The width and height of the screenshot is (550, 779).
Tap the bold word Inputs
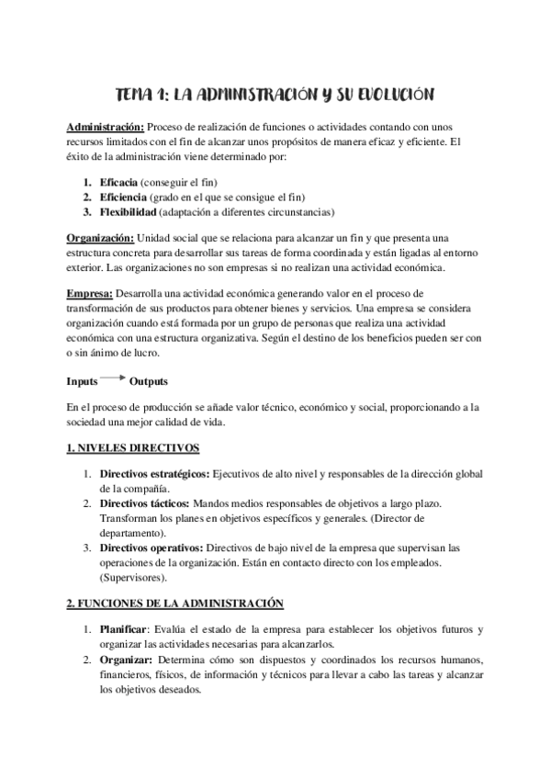[x=83, y=380]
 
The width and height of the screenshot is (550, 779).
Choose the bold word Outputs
[x=149, y=380]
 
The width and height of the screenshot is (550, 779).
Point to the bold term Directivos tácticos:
[x=144, y=504]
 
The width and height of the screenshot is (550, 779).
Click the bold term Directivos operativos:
[x=152, y=548]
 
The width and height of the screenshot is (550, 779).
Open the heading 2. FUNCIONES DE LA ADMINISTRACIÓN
[x=175, y=604]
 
